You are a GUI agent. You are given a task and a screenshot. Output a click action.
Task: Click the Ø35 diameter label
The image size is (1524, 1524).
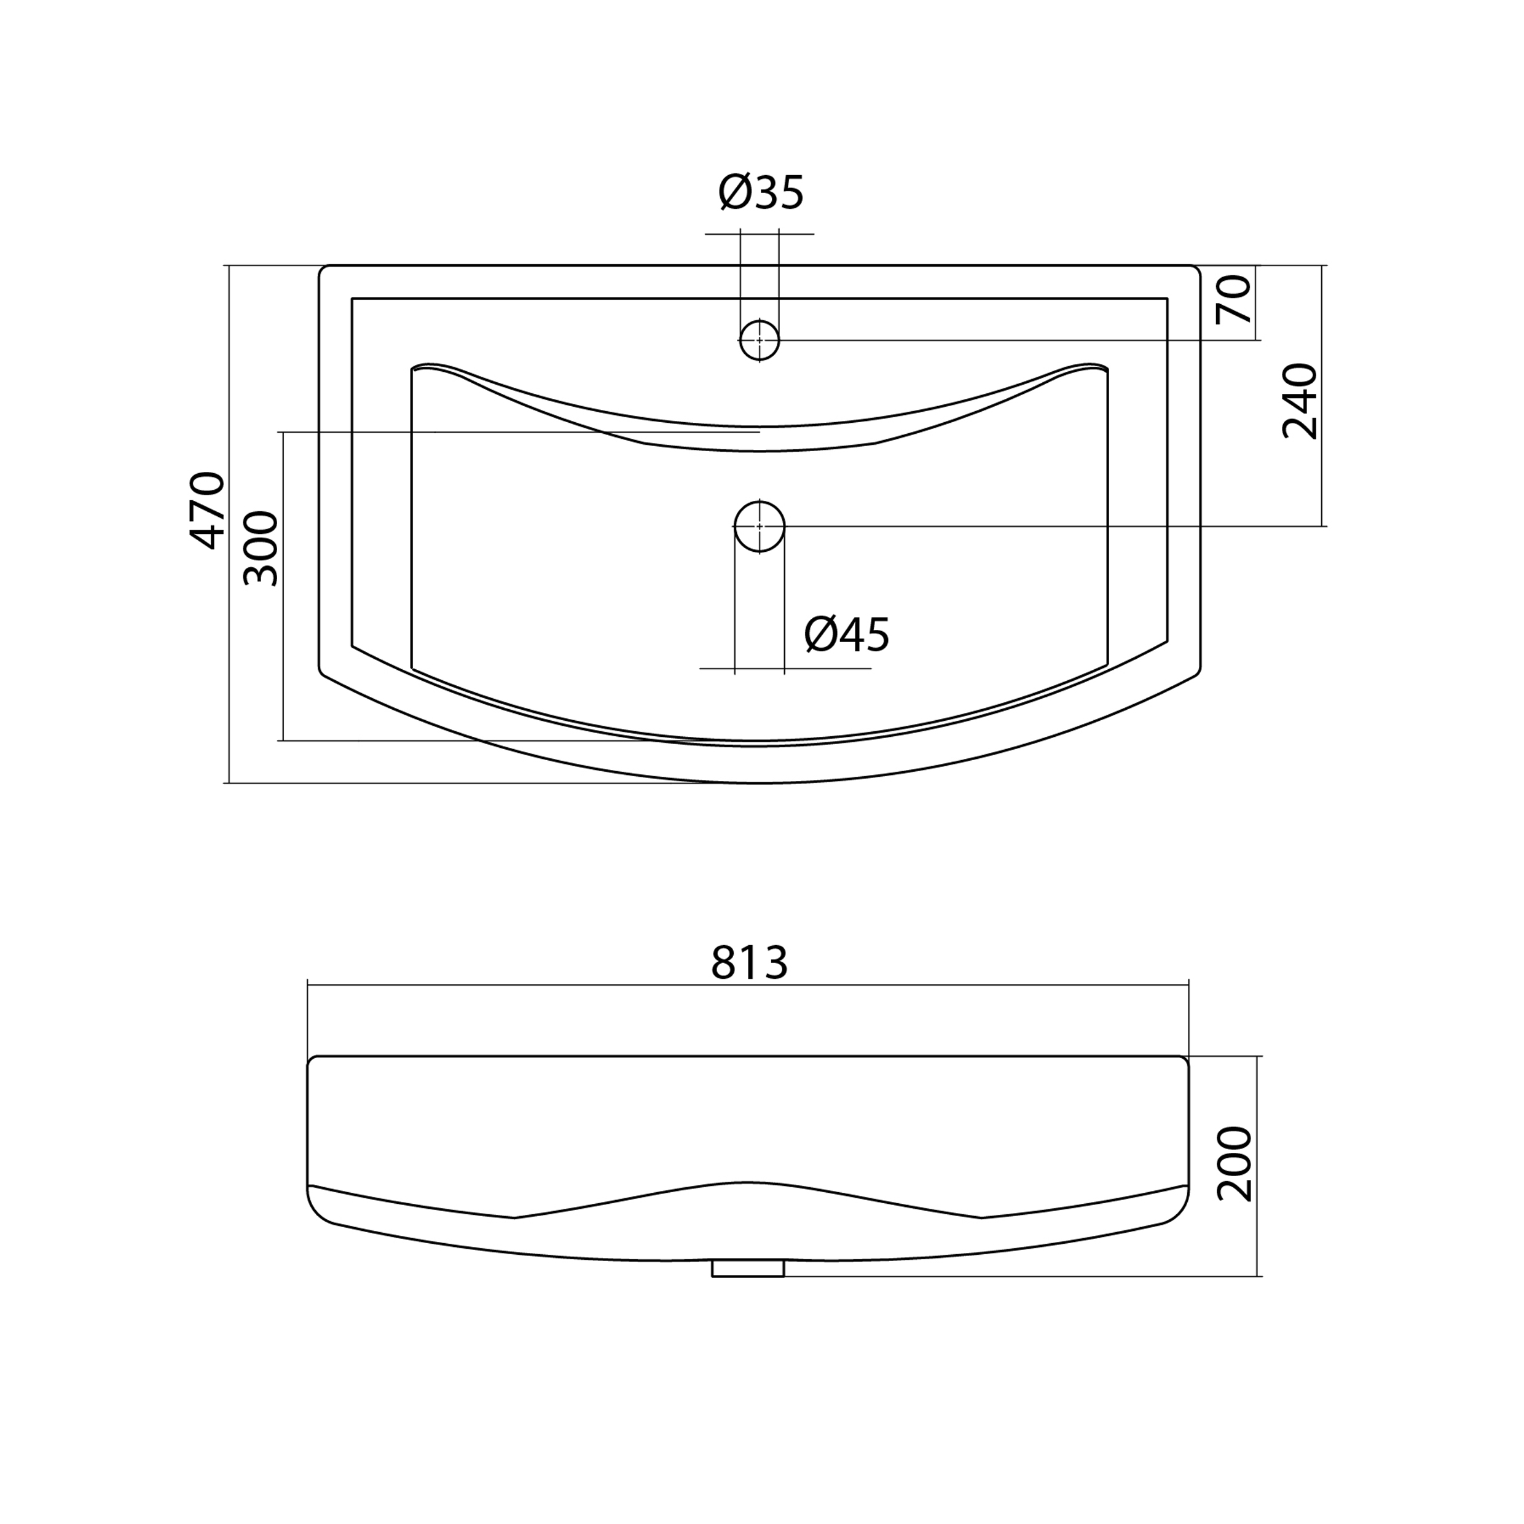click(761, 192)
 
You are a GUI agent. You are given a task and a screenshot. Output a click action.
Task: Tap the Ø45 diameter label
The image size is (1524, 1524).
click(847, 634)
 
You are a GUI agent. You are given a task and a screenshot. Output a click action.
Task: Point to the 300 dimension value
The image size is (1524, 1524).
click(261, 548)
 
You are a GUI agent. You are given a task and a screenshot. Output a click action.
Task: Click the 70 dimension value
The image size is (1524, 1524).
click(1235, 300)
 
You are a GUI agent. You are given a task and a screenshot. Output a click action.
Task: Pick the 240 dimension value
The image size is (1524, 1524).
click(1300, 401)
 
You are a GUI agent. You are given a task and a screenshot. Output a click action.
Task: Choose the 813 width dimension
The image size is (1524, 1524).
click(749, 962)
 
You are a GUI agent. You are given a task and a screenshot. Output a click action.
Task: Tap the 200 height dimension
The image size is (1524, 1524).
click(1235, 1165)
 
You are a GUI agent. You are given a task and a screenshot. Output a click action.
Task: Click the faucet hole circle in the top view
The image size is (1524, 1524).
click(760, 340)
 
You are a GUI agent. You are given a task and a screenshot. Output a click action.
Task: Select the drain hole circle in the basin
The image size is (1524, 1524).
click(760, 526)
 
